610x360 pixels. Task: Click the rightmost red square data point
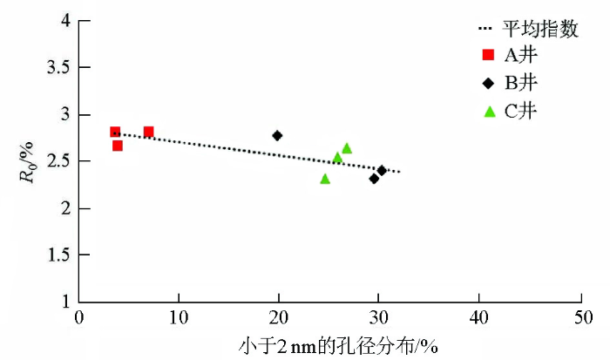coord(148,132)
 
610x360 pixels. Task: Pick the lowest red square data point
coord(118,146)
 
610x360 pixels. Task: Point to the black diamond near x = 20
coord(277,135)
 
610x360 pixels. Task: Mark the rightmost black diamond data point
coord(382,170)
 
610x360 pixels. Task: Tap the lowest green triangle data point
coord(325,179)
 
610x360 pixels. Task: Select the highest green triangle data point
coord(347,148)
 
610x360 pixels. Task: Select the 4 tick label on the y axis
coord(65,20)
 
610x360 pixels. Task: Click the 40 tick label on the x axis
coord(478,317)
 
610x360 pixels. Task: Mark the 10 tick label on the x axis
coord(179,317)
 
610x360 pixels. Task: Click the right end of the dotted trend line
coord(400,172)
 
